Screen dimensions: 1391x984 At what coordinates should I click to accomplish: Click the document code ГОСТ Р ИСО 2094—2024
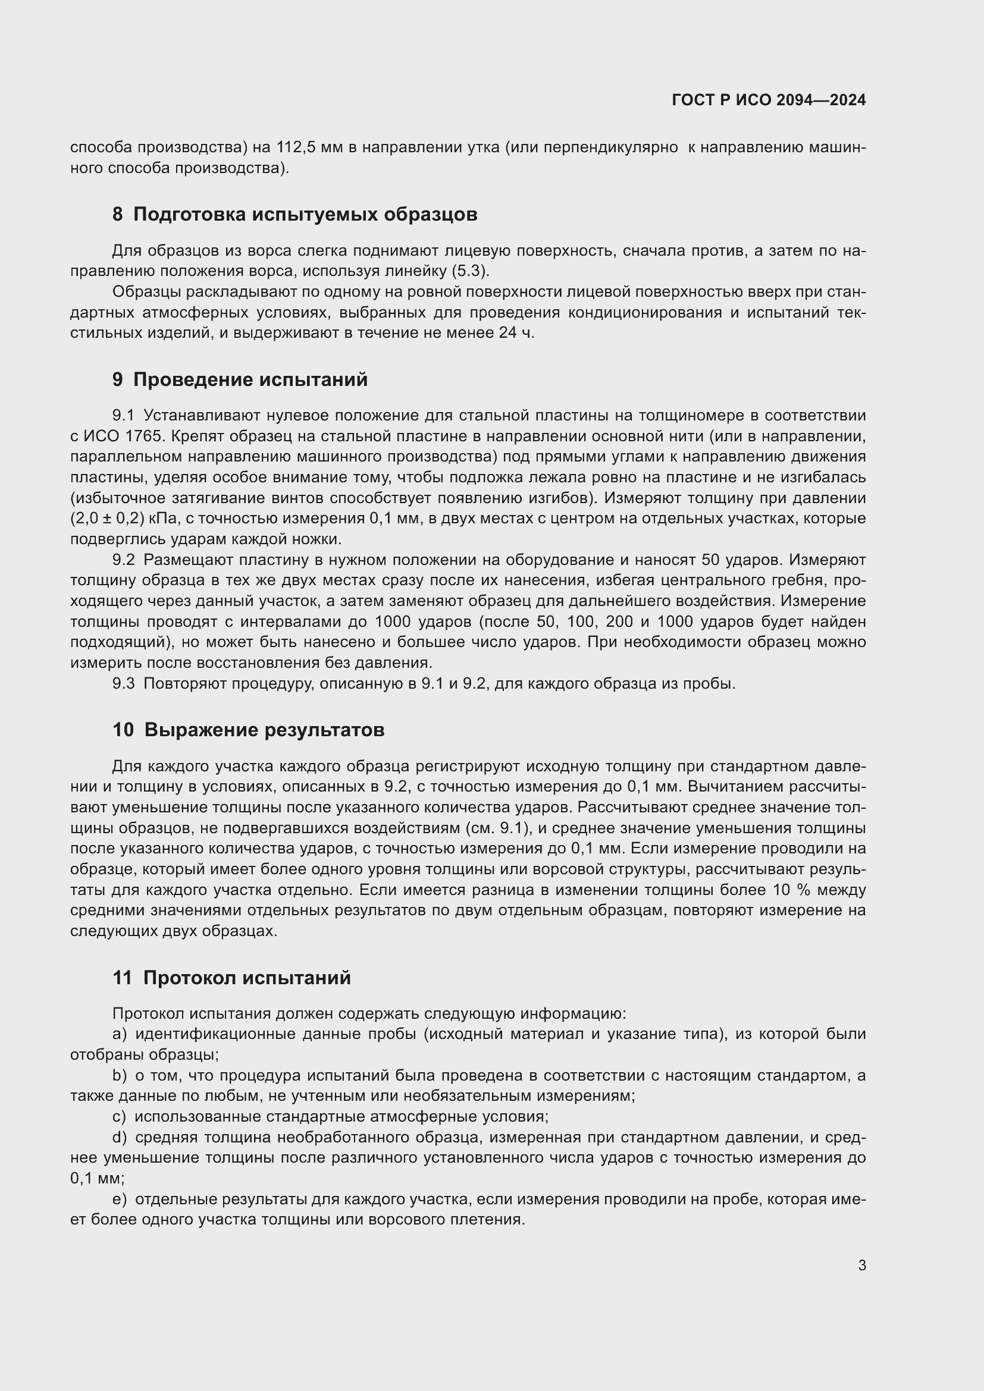point(768,100)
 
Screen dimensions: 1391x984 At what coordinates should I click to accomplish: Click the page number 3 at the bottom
point(861,1265)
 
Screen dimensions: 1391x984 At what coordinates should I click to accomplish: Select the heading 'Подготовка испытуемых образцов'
point(305,215)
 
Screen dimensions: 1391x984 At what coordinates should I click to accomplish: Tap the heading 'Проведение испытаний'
point(250,380)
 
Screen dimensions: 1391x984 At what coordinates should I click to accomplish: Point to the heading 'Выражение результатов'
point(264,730)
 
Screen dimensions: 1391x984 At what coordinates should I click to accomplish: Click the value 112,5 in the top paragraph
point(297,147)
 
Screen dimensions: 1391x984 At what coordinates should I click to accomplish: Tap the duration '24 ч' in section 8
point(516,332)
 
